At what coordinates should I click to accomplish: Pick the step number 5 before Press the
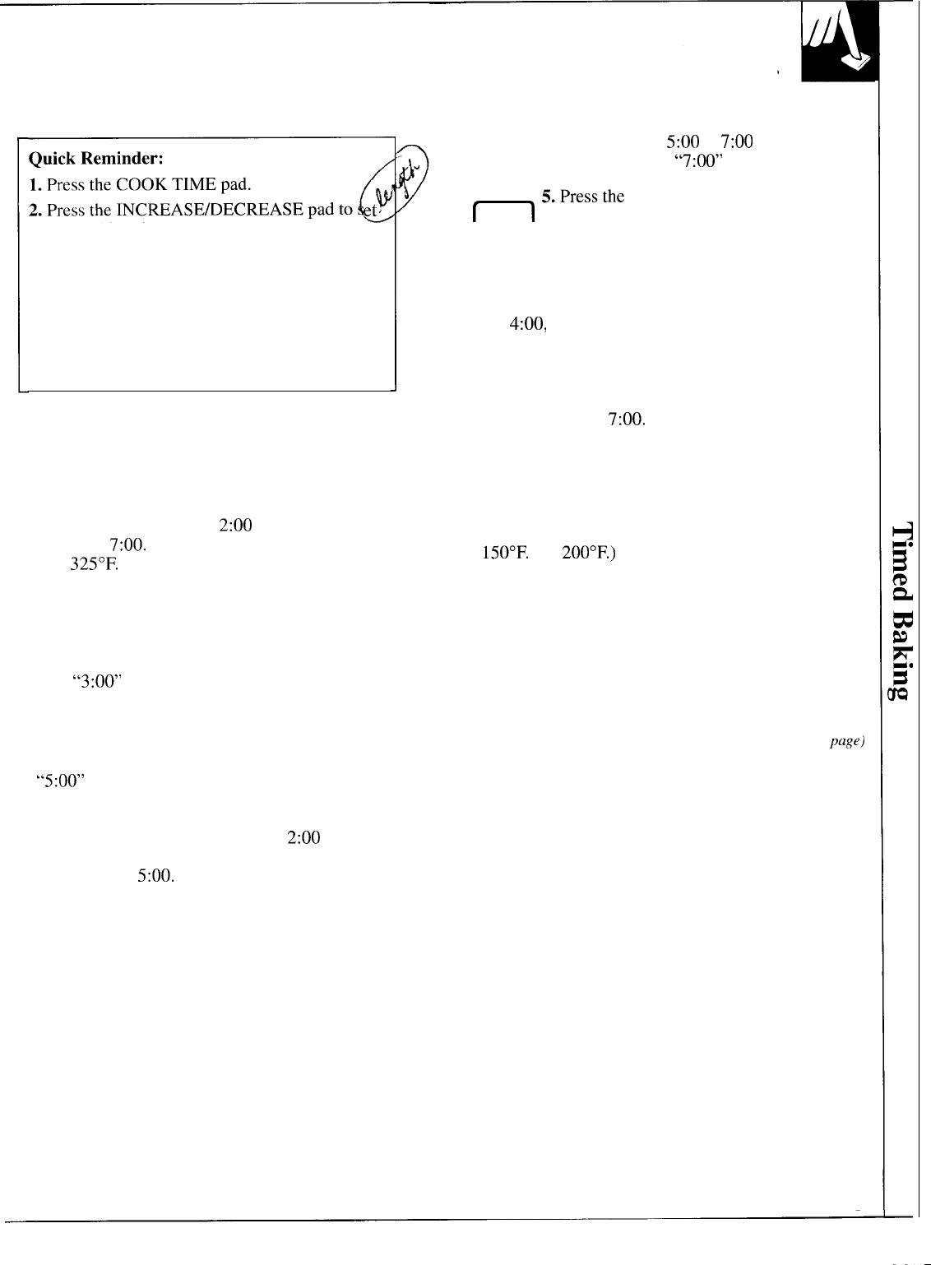coord(547,197)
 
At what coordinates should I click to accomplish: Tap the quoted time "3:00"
coord(97,682)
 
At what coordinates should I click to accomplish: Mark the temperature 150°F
coord(503,553)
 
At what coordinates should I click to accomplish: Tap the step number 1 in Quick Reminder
coord(34,183)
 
